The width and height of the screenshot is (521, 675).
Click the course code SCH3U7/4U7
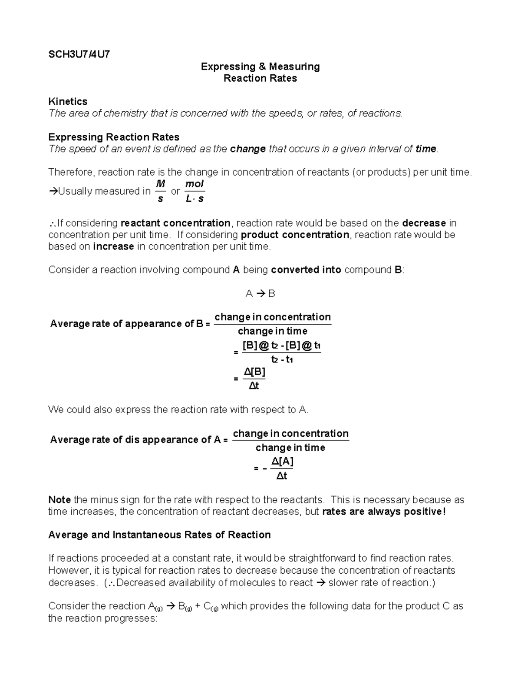pos(79,54)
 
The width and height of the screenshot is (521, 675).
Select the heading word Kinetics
pos(68,101)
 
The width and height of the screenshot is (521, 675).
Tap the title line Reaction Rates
pos(260,78)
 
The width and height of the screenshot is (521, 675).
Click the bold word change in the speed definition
pos(247,149)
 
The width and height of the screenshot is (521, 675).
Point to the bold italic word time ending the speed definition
pos(425,149)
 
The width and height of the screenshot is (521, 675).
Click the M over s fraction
pos(161,191)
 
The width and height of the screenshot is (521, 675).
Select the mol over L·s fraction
pos(195,191)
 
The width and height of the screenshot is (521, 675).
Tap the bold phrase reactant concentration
pos(175,223)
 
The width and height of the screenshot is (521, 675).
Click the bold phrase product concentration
pos(295,235)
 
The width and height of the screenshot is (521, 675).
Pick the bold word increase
pos(113,247)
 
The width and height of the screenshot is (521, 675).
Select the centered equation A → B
pos(260,294)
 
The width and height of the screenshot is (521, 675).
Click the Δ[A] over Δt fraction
pos(282,469)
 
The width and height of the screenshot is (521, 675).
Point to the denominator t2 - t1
pos(282,360)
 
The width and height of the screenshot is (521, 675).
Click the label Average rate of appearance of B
pos(126,324)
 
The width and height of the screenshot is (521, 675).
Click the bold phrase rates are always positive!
pos(384,512)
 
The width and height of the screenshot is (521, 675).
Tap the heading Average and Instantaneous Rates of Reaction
pos(159,535)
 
